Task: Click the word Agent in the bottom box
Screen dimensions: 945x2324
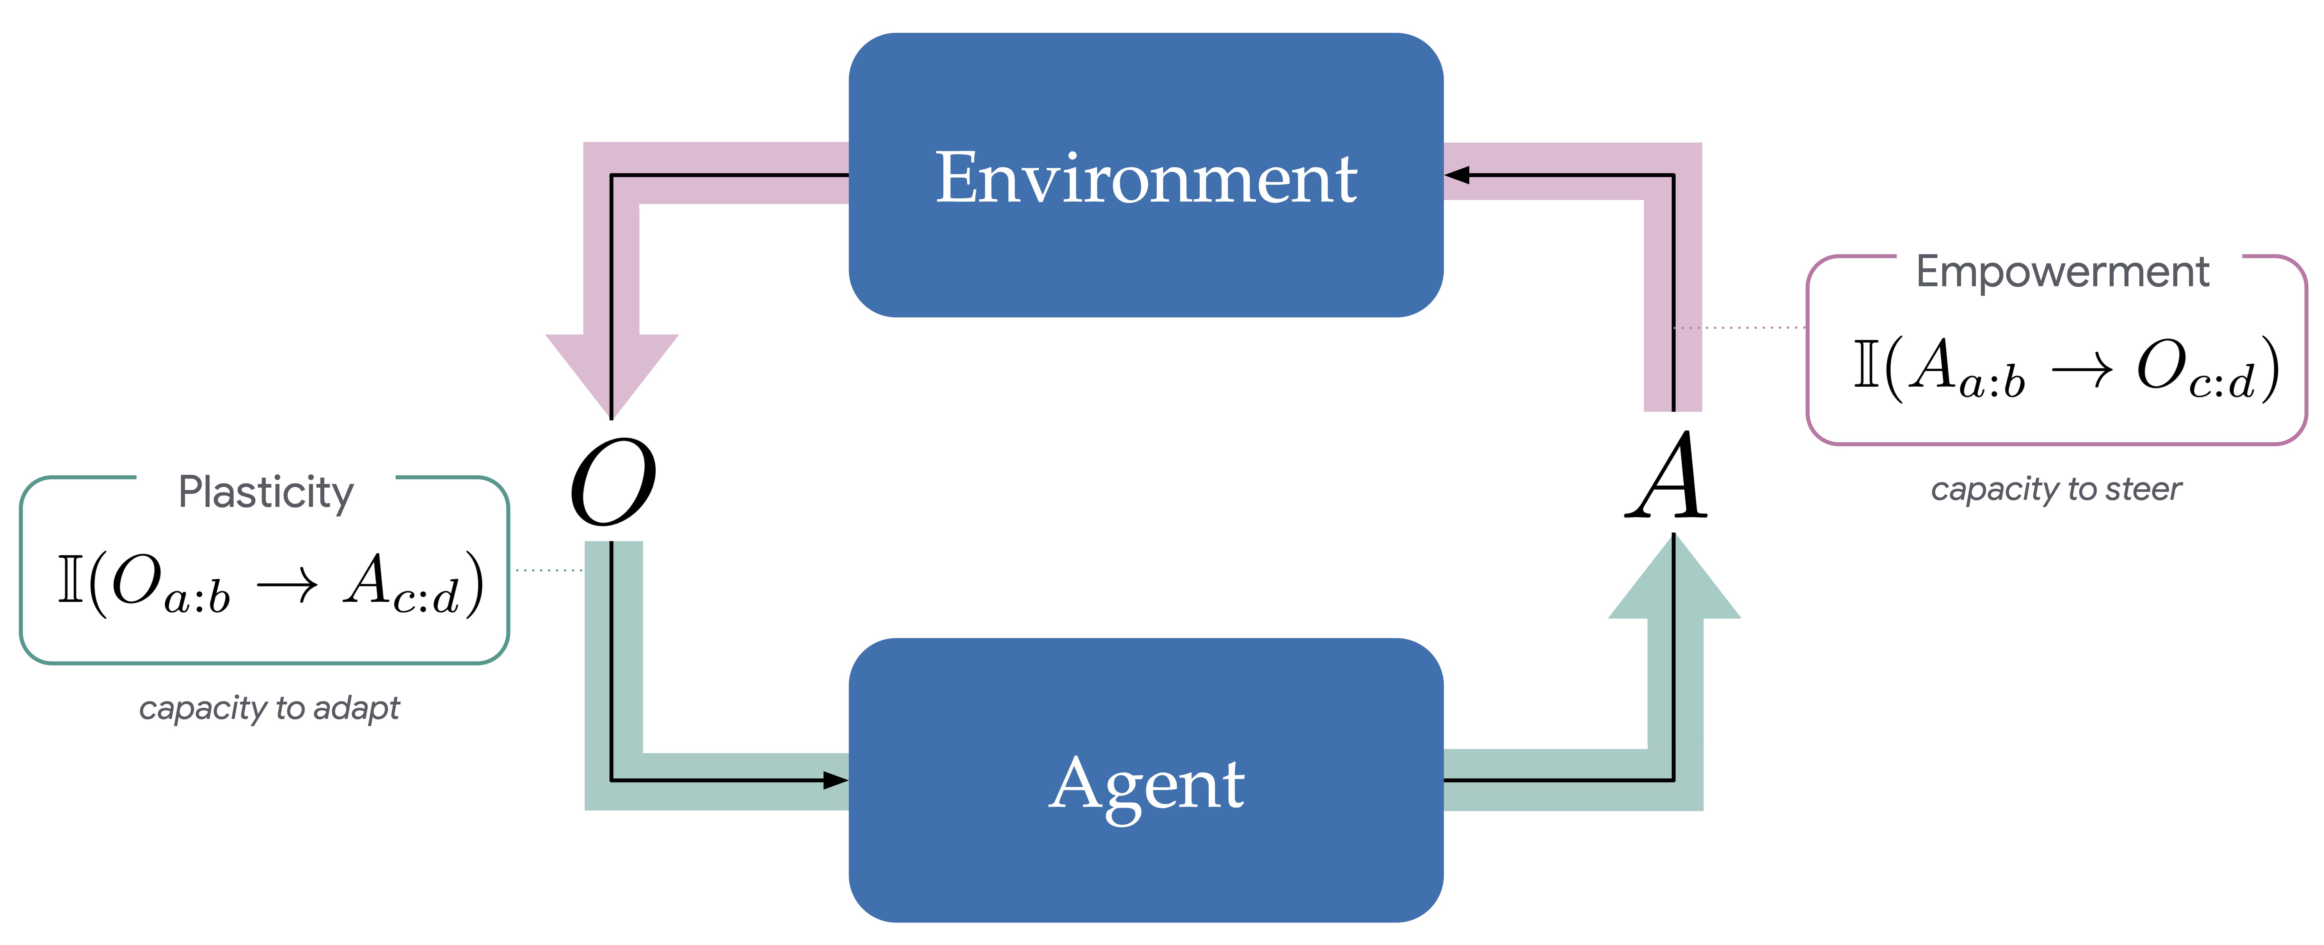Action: [x=1146, y=783]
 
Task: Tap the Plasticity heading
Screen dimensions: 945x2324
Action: [x=266, y=493]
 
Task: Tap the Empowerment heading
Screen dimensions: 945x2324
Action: [x=2063, y=272]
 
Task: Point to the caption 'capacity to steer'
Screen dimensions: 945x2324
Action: [x=2056, y=489]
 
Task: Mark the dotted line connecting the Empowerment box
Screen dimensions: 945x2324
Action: [x=1739, y=328]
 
